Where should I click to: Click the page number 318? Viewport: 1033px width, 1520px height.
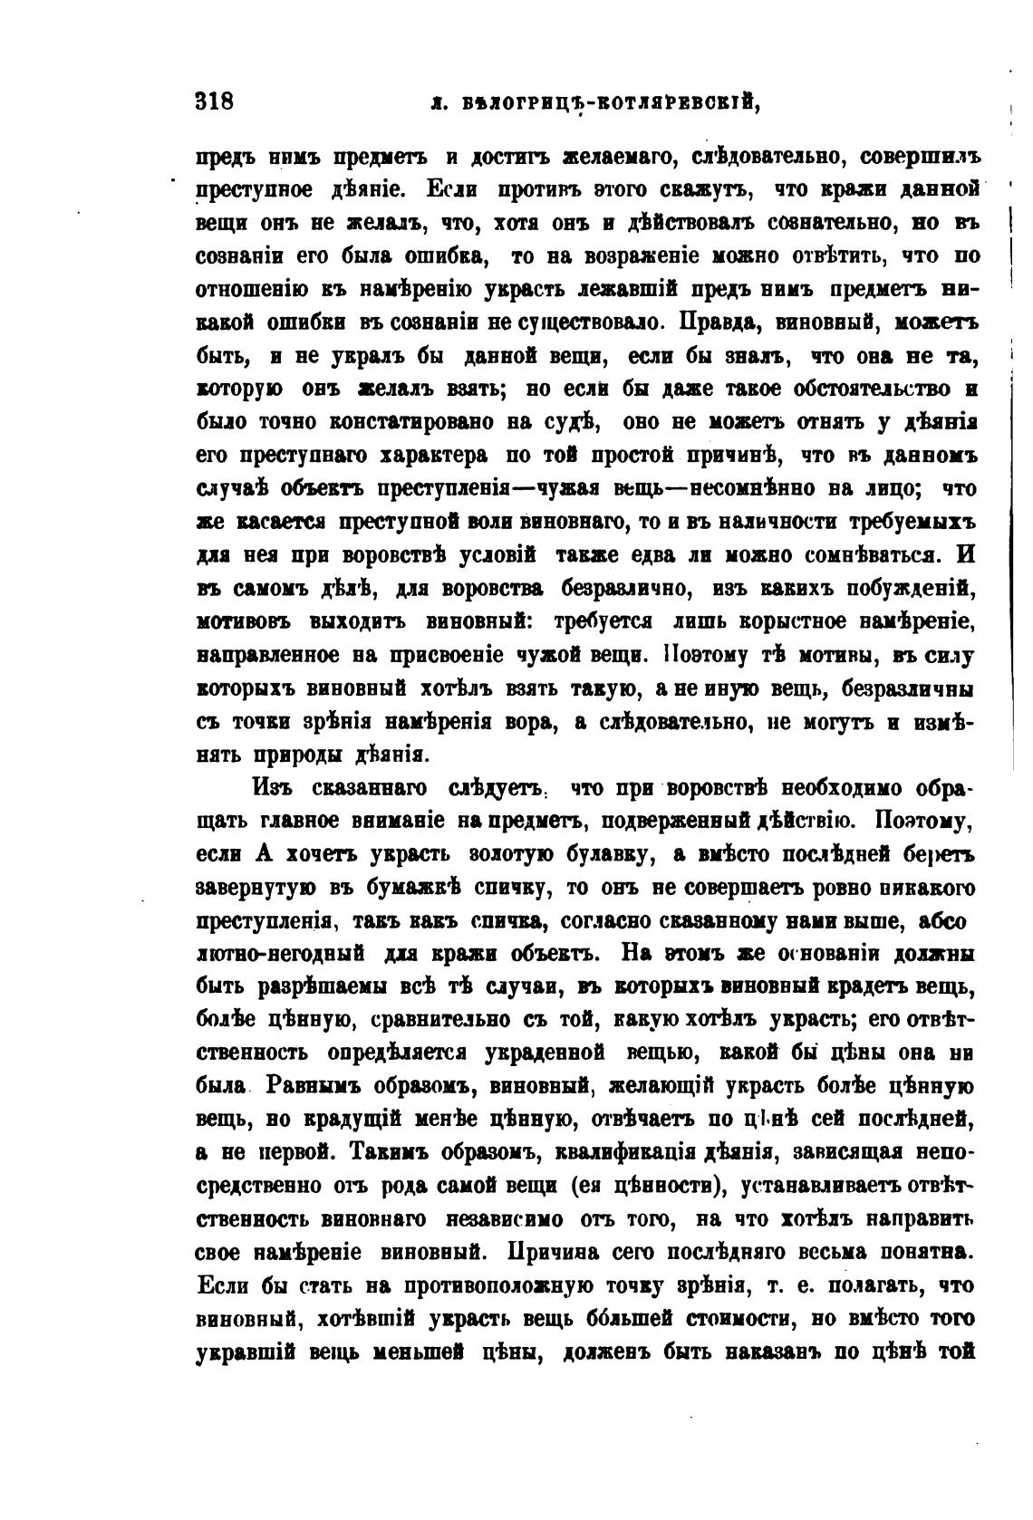click(215, 101)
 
